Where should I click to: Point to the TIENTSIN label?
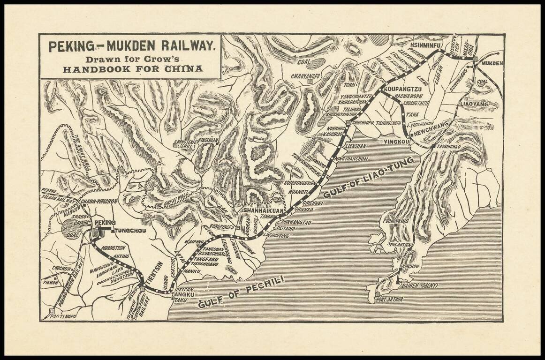[152, 272]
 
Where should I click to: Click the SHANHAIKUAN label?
[261, 211]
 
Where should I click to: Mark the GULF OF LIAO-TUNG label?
[370, 176]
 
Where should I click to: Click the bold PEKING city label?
[105, 222]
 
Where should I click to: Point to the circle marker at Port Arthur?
[377, 294]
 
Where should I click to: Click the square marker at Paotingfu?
[51, 311]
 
